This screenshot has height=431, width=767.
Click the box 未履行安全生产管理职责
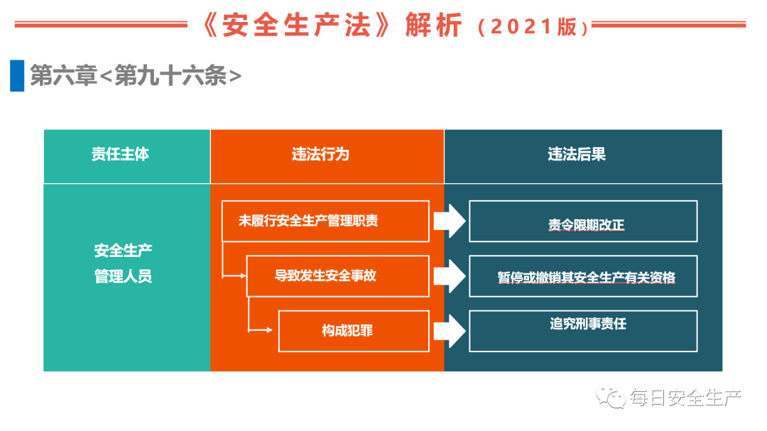point(325,221)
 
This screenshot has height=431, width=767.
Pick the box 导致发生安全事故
point(337,276)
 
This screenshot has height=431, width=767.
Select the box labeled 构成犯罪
point(353,331)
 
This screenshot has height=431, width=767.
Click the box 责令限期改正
point(583,221)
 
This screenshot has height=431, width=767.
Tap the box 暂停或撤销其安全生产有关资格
point(583,276)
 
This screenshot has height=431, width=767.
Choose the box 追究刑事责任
point(583,330)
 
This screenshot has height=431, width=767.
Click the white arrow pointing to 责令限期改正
point(448,222)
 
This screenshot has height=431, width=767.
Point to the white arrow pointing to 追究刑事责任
point(448,331)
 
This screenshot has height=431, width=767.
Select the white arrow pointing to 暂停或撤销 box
point(448,276)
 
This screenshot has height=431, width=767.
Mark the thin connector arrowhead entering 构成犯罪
point(269,330)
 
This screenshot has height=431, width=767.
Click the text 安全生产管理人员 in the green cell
point(123,263)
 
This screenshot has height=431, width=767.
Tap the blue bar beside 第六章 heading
point(17,76)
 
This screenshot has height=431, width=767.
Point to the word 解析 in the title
point(433,26)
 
